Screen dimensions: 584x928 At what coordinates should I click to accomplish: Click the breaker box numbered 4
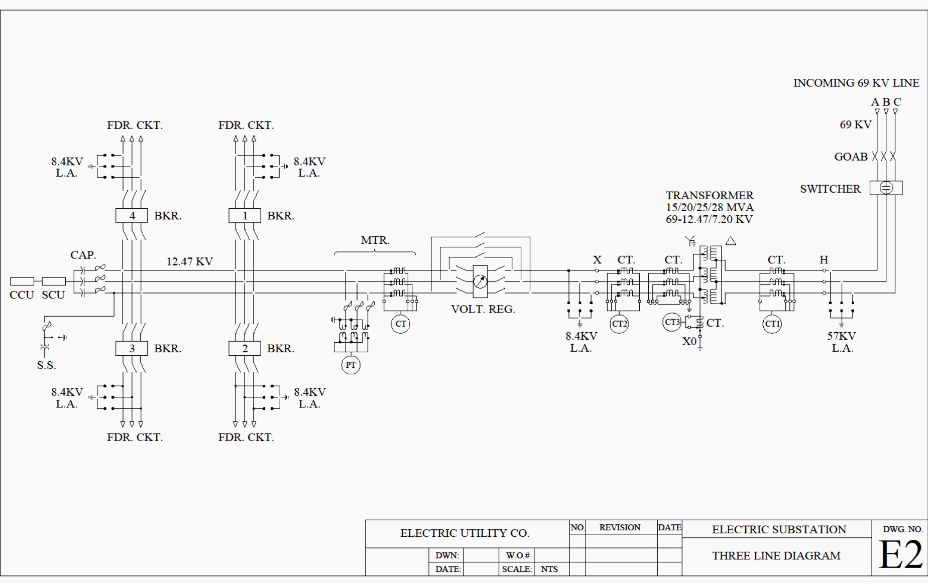pyautogui.click(x=132, y=216)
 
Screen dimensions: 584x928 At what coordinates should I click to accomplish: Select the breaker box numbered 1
pyautogui.click(x=245, y=216)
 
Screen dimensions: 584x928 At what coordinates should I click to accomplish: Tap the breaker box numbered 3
pyautogui.click(x=132, y=349)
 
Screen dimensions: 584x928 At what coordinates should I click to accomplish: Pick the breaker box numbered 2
pyautogui.click(x=245, y=349)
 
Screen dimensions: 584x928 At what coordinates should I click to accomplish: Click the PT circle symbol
pyautogui.click(x=351, y=365)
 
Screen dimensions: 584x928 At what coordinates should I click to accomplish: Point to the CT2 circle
pyautogui.click(x=619, y=324)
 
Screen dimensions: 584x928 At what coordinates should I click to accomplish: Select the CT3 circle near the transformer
pyautogui.click(x=672, y=322)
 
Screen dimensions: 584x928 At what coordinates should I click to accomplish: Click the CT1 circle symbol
pyautogui.click(x=772, y=324)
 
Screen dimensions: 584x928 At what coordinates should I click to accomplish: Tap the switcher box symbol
pyautogui.click(x=886, y=188)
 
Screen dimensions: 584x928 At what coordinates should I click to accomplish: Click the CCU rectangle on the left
pyautogui.click(x=22, y=281)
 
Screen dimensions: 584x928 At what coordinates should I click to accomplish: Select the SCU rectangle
pyautogui.click(x=54, y=281)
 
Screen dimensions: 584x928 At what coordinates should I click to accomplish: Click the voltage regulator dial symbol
pyautogui.click(x=480, y=281)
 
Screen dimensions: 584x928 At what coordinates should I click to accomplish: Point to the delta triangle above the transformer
pyautogui.click(x=731, y=241)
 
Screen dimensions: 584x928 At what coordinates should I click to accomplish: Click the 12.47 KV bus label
pyautogui.click(x=189, y=262)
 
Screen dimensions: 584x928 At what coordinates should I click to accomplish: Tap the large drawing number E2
pyautogui.click(x=900, y=555)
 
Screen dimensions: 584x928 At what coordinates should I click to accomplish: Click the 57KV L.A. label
pyautogui.click(x=842, y=342)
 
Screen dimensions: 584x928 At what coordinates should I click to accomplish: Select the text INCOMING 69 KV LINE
pyautogui.click(x=856, y=83)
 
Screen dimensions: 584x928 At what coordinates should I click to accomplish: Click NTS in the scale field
pyautogui.click(x=549, y=569)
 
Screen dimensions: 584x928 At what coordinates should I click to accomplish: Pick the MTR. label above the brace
pyautogui.click(x=375, y=240)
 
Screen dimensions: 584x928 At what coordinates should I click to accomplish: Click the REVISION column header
pyautogui.click(x=620, y=528)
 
